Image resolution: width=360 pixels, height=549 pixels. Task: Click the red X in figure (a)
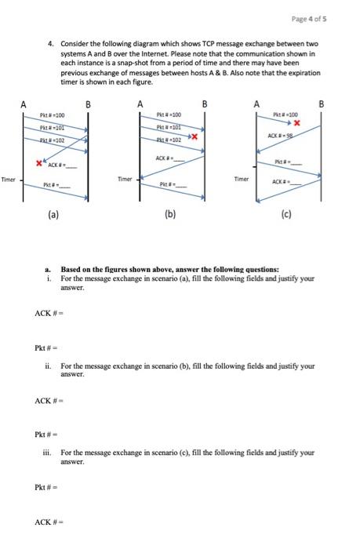[x=38, y=162]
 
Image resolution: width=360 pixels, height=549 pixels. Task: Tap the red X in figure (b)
[x=192, y=137]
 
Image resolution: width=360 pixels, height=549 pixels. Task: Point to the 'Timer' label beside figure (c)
[x=242, y=179]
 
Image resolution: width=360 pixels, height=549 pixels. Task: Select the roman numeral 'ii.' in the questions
[x=49, y=365]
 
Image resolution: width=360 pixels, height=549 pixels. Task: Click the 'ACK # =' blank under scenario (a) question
[x=49, y=314]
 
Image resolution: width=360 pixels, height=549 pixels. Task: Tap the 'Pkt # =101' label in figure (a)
[x=54, y=126]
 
